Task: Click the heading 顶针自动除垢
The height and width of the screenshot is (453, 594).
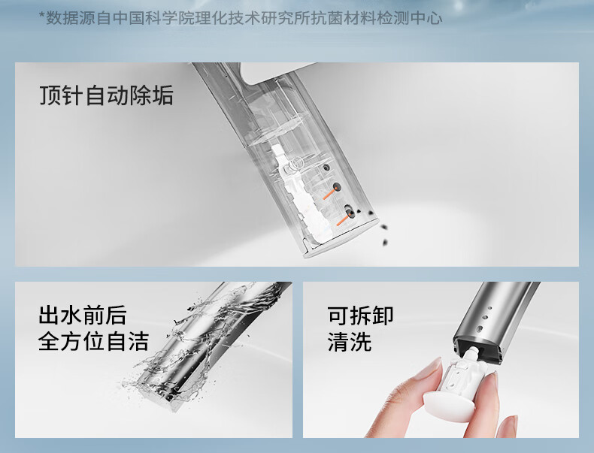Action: coord(107,95)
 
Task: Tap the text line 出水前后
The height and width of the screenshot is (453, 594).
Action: coord(82,315)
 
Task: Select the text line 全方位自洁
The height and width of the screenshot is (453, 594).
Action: coord(93,340)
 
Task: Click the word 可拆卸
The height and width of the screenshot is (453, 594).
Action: coord(360,315)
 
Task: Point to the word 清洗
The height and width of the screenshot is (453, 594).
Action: coord(350,340)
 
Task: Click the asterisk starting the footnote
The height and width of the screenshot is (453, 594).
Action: coord(42,17)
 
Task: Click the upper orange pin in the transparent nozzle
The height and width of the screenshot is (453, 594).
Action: coord(329,195)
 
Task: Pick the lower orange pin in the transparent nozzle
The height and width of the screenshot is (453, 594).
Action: coord(344,221)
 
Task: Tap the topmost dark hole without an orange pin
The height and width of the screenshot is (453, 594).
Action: coord(325,167)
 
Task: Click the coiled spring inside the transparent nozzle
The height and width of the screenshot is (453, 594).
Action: coord(295,165)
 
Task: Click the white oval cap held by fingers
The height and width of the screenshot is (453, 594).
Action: coord(450,402)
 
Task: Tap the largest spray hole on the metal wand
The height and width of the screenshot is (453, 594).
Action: coord(480,328)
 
